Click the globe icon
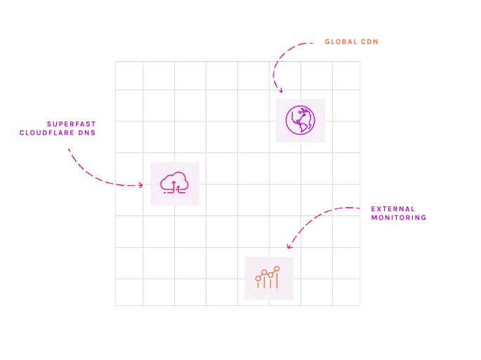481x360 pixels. pyautogui.click(x=300, y=120)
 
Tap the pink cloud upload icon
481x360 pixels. pyautogui.click(x=173, y=182)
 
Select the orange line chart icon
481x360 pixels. pyautogui.click(x=268, y=278)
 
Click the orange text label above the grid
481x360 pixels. pyautogui.click(x=351, y=41)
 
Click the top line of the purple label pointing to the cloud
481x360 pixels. pyautogui.click(x=70, y=122)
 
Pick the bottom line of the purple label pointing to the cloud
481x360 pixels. pyautogui.click(x=57, y=133)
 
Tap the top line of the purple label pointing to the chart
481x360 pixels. pyautogui.click(x=393, y=208)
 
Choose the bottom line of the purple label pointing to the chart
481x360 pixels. pyautogui.click(x=398, y=218)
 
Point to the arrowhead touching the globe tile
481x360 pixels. pyautogui.click(x=280, y=90)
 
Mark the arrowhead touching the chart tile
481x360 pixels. pyautogui.click(x=289, y=246)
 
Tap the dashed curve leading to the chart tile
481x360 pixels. pyautogui.click(x=316, y=216)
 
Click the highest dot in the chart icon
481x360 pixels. pyautogui.click(x=277, y=269)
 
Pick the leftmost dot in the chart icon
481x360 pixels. pyautogui.click(x=258, y=279)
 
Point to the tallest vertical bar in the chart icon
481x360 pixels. pyautogui.click(x=277, y=281)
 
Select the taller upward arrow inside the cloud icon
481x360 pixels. pyautogui.click(x=174, y=185)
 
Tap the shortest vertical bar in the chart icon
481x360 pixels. pyautogui.click(x=258, y=285)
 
